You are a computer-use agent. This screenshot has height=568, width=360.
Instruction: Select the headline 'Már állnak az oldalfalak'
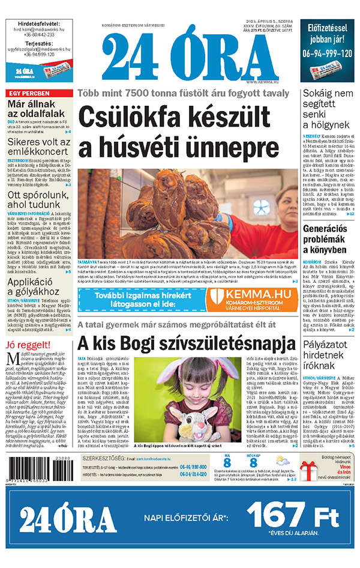pos(36,112)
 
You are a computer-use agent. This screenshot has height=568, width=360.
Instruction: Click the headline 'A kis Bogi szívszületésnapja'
pos(187,344)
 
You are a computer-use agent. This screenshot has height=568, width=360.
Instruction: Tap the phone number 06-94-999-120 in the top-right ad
pos(328,52)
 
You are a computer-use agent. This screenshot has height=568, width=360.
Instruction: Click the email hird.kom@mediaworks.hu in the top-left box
pos(39,28)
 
